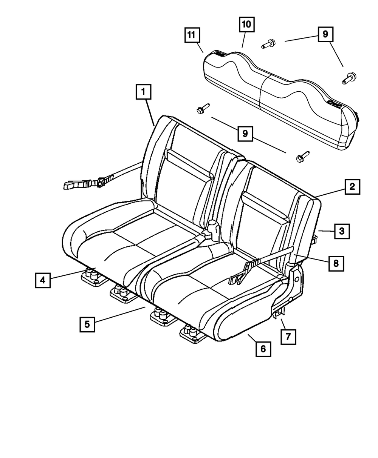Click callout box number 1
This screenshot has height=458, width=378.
(x=143, y=92)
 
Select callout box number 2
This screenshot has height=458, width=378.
(x=352, y=186)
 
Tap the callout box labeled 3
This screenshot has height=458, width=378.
(x=342, y=231)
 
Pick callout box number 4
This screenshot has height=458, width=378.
(x=43, y=280)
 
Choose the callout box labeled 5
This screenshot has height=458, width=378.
(x=87, y=324)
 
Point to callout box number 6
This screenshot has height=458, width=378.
(x=263, y=349)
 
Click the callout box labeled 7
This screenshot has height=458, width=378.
(x=288, y=337)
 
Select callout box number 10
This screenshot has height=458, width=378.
(x=246, y=25)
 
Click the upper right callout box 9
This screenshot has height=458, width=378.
(x=325, y=35)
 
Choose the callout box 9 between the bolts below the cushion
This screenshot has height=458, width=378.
(x=245, y=134)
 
